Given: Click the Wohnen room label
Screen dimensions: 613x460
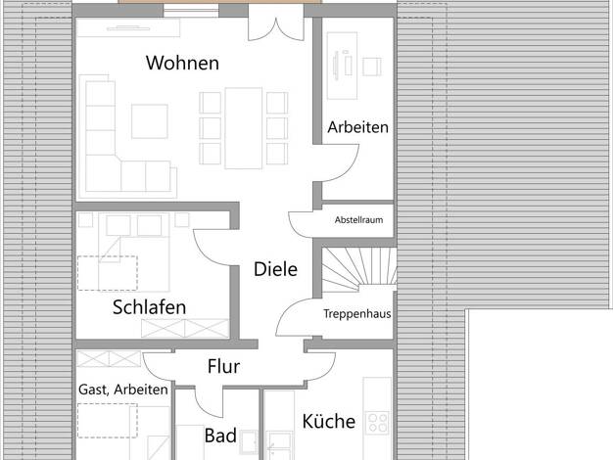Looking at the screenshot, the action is coord(182,63).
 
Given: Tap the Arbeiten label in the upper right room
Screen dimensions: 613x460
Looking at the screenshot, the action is coord(358,127).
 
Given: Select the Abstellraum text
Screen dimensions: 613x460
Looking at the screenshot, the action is coord(358,219).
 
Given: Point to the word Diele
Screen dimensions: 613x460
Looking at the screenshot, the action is coord(275,269).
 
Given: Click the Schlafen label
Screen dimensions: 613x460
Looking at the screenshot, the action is coord(150,307).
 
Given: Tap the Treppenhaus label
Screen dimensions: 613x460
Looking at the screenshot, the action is coord(357,313).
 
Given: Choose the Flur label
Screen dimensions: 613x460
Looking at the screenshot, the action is coord(223,366).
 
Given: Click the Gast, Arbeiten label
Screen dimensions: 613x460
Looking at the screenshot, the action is coord(123,390).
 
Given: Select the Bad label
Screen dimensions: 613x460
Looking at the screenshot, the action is coord(220,436).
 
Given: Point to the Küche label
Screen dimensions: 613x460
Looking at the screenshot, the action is coord(329,421).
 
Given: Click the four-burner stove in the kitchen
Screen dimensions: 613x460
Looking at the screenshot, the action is coord(377,423).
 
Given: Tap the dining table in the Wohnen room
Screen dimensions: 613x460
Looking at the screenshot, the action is coord(243,128).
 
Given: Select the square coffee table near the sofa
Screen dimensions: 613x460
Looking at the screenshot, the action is coord(150,121).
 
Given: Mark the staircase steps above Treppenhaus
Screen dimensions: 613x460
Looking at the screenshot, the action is coord(358,268).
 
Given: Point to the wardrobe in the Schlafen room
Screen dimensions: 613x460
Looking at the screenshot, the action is coord(185,328).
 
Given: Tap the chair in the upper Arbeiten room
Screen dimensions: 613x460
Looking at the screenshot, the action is coord(372,67).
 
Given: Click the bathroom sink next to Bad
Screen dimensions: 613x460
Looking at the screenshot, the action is coord(249,441).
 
